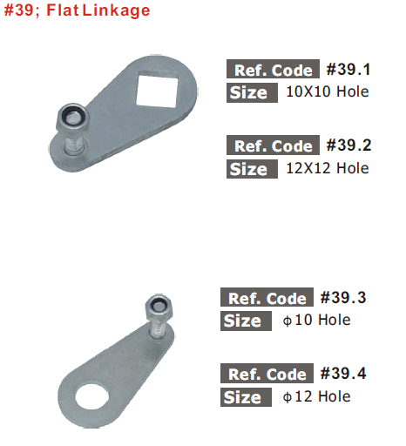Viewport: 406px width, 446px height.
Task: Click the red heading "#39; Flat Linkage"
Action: [77, 10]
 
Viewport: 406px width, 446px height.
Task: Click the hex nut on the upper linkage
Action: [72, 118]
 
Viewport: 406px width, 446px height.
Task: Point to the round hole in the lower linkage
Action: [92, 397]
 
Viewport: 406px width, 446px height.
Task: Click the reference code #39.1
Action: [348, 70]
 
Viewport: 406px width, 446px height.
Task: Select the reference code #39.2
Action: [348, 145]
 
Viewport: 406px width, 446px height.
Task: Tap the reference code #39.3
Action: [343, 298]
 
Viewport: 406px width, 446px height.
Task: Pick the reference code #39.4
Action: [343, 374]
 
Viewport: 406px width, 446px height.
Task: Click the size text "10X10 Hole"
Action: [328, 91]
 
